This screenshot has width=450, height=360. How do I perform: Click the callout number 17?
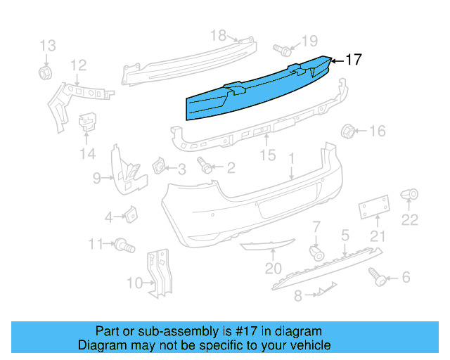[354, 60]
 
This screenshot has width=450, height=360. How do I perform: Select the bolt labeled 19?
[282, 50]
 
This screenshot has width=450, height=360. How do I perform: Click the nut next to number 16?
[347, 131]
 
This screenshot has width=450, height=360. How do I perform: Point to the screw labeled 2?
[206, 167]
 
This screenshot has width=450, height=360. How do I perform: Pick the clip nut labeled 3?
[158, 167]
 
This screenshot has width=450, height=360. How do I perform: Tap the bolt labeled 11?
[126, 245]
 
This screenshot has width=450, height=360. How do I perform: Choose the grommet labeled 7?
[317, 252]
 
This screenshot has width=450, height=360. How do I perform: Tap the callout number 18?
[218, 35]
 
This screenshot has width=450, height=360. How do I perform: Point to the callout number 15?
[268, 155]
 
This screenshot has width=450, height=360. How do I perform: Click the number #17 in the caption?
[236, 331]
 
